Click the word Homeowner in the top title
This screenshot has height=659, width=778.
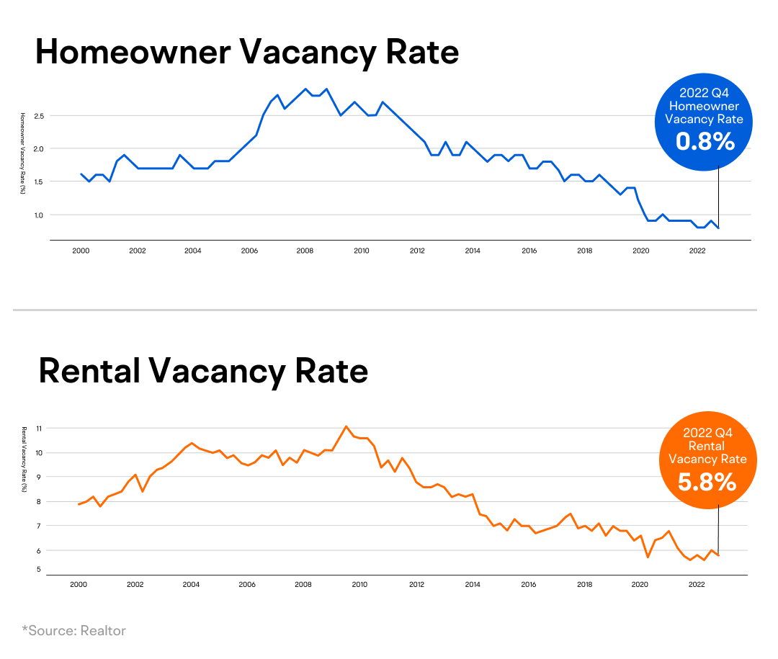tap(133, 53)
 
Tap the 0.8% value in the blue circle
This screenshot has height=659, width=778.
tap(705, 142)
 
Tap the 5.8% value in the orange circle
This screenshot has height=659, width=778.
tap(707, 481)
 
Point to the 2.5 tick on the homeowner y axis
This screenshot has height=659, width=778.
tap(39, 116)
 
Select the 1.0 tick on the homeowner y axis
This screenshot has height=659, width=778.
tap(39, 215)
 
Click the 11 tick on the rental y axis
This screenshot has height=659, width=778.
tap(39, 429)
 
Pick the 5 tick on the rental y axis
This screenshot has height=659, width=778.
tap(39, 570)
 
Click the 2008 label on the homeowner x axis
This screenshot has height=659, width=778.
tap(305, 251)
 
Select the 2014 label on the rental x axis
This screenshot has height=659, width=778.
tap(473, 585)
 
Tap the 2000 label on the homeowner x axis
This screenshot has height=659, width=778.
tap(81, 251)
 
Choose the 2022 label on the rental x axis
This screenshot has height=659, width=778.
tap(697, 585)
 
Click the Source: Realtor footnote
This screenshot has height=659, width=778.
tap(73, 631)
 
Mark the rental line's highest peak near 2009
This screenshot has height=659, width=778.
tap(346, 426)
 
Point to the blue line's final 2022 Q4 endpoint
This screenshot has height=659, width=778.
tap(718, 228)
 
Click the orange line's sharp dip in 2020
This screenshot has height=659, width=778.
tap(648, 557)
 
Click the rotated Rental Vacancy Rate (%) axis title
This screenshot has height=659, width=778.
tap(23, 458)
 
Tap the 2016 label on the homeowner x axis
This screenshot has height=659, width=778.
tap(529, 251)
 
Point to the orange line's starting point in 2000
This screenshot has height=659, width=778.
tap(79, 504)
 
